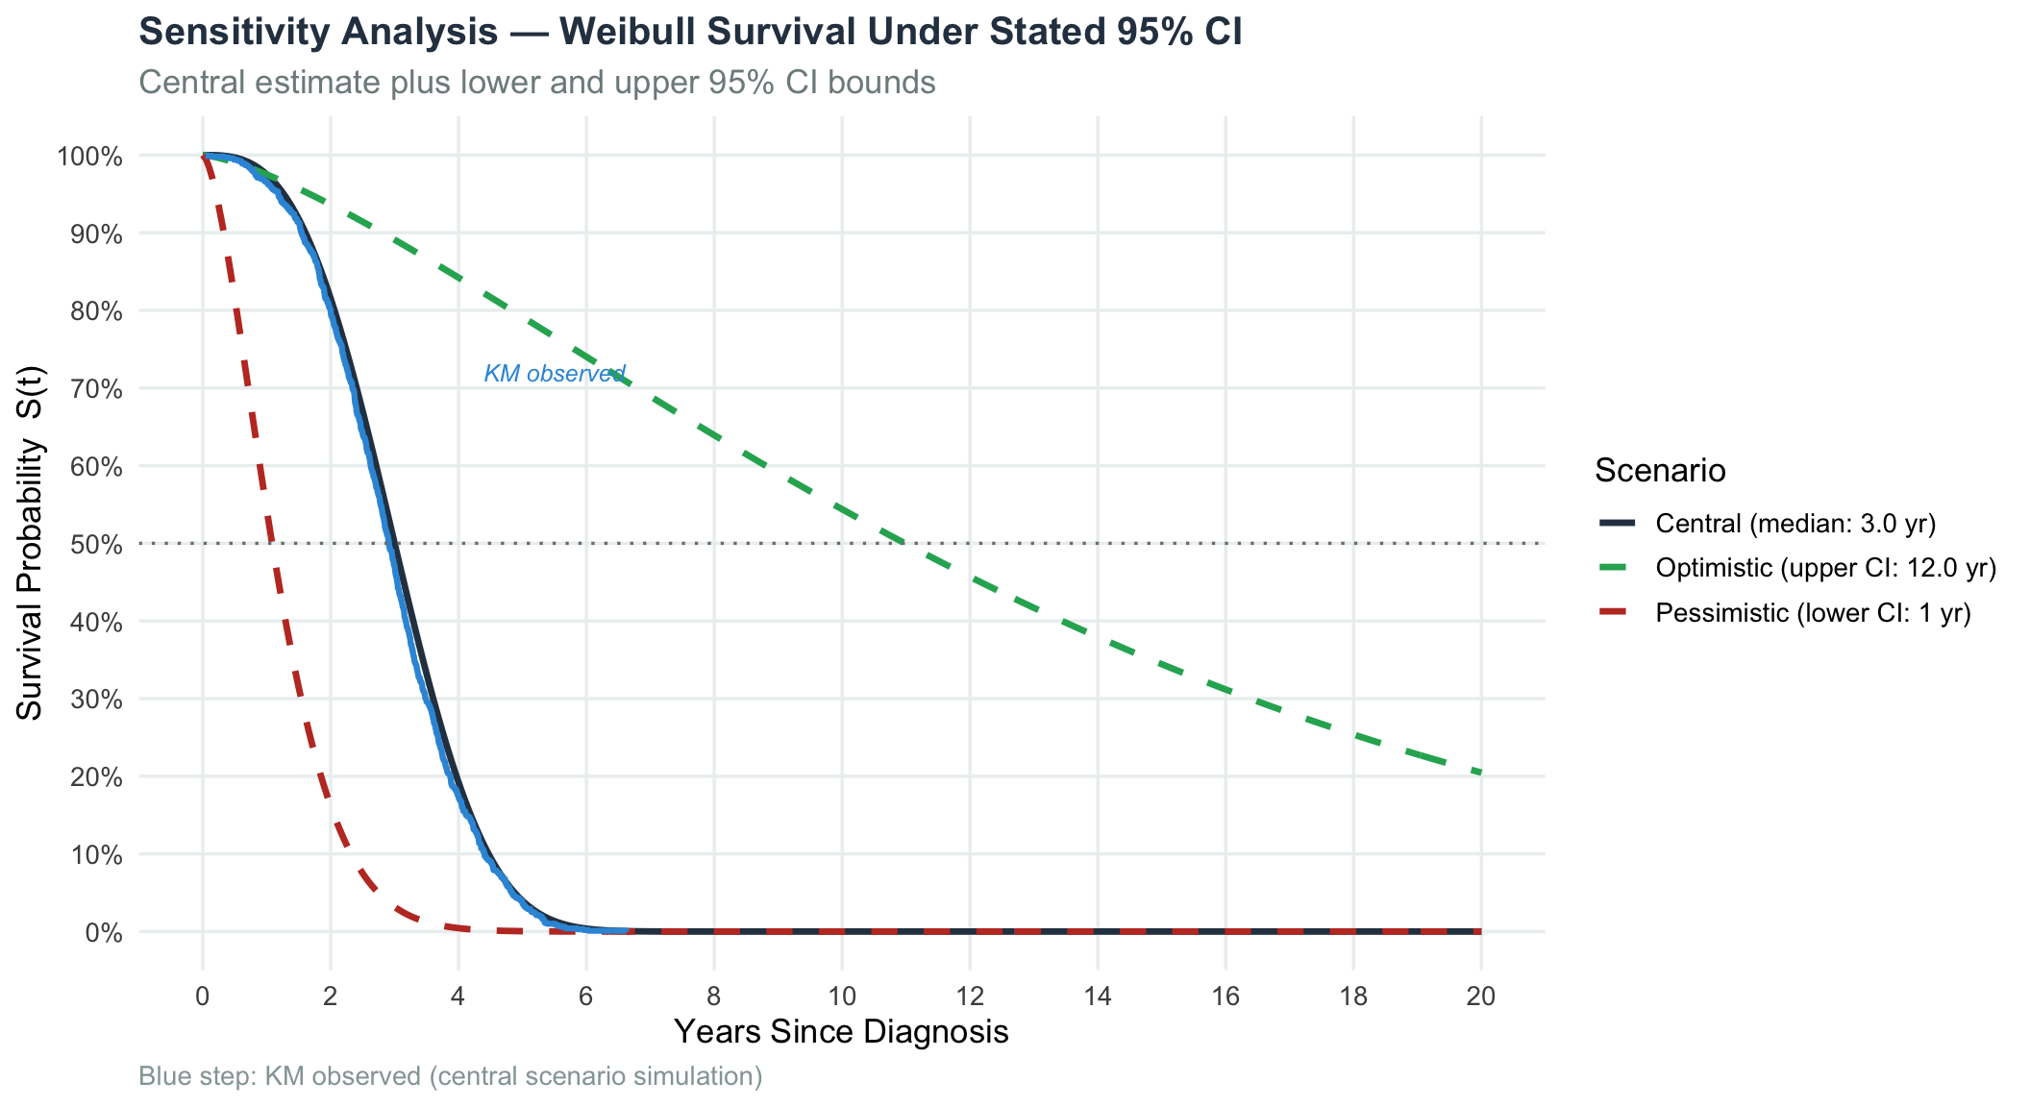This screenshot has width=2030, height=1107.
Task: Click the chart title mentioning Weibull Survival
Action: pos(690,33)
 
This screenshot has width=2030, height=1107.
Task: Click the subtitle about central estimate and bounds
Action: pos(537,83)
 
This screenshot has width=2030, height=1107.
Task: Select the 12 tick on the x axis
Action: pos(970,996)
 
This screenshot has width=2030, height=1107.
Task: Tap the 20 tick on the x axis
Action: pos(1481,996)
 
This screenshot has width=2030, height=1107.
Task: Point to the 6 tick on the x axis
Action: pos(586,996)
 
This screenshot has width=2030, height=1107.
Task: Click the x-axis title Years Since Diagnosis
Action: pos(841,1032)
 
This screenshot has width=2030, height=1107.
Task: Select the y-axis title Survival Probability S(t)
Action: pos(31,543)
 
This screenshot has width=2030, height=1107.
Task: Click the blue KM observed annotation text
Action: pos(555,374)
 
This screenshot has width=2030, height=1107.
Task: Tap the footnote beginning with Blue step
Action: pos(451,1076)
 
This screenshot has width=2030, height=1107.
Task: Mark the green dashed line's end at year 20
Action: pos(1481,773)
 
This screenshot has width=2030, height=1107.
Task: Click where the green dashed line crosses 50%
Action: pos(903,544)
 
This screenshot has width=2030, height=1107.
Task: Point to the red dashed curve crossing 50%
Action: pos(271,544)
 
